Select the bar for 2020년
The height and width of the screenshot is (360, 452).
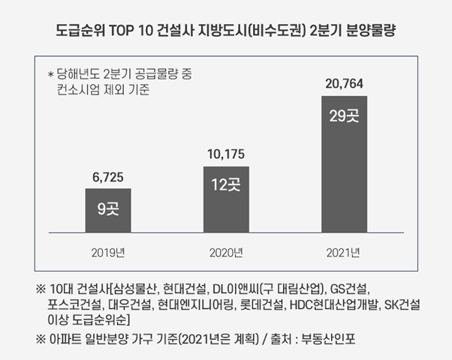pyautogui.click(x=226, y=199)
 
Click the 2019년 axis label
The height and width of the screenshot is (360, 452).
pyautogui.click(x=108, y=250)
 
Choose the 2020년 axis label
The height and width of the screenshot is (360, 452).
pyautogui.click(x=226, y=250)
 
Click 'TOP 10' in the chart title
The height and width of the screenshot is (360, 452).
pyautogui.click(x=133, y=31)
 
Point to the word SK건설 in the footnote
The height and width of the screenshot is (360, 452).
pyautogui.click(x=404, y=305)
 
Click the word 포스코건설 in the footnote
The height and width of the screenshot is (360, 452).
pyautogui.click(x=73, y=305)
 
